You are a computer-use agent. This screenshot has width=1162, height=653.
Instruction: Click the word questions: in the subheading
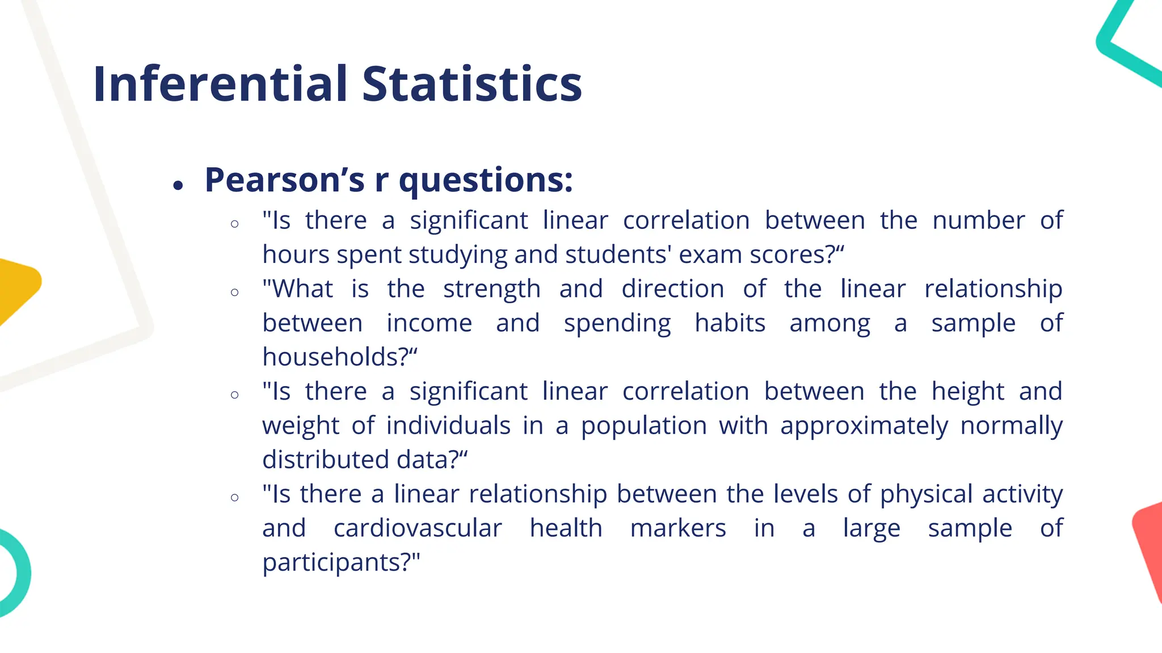point(486,181)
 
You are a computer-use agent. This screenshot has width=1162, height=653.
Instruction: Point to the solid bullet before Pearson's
point(179,185)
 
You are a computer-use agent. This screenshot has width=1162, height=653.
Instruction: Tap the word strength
point(491,289)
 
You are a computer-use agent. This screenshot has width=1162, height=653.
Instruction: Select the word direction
point(673,289)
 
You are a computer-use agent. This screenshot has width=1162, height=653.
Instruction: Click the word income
point(429,323)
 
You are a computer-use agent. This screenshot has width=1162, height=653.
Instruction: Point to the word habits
point(730,323)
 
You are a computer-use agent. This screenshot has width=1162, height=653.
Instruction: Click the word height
point(968,392)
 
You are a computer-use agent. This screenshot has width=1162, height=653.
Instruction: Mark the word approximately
point(864,426)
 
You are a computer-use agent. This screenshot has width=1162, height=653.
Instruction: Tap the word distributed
point(326,460)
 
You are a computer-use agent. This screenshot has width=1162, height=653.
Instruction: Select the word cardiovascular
point(418,528)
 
